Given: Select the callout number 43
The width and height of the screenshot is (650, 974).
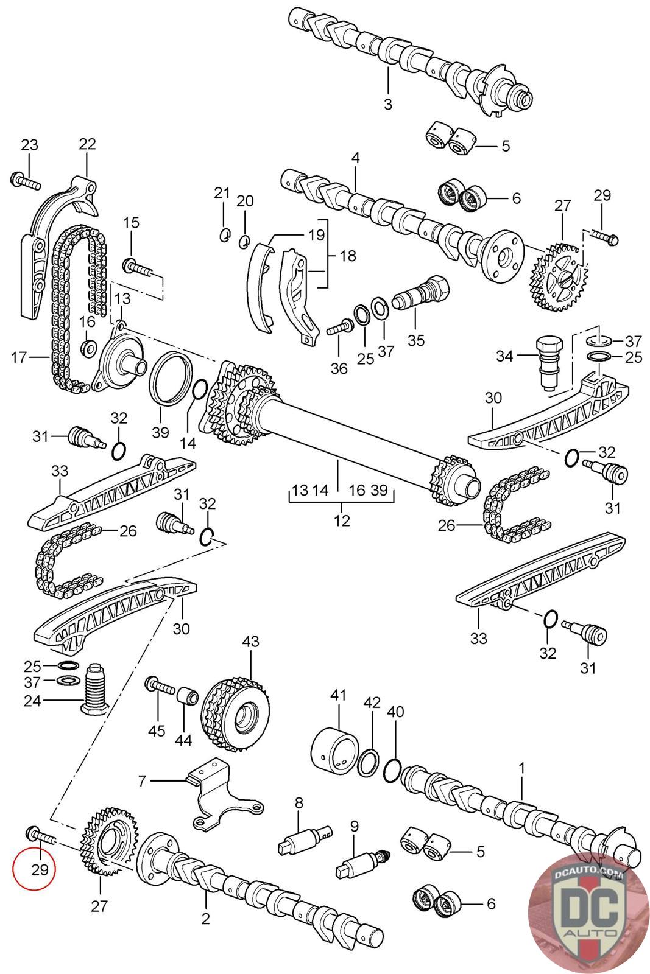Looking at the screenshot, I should (250, 642).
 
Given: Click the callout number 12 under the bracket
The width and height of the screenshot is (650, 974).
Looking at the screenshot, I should (342, 520).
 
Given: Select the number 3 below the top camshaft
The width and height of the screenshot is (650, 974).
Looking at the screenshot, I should (388, 103).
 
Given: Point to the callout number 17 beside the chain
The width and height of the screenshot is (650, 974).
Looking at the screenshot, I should (19, 357).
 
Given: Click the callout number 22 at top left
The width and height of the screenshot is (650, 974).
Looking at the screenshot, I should (87, 144).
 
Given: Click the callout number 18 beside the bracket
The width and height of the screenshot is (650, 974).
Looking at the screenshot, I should (348, 256).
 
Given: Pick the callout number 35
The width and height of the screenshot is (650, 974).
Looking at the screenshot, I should (416, 340).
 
